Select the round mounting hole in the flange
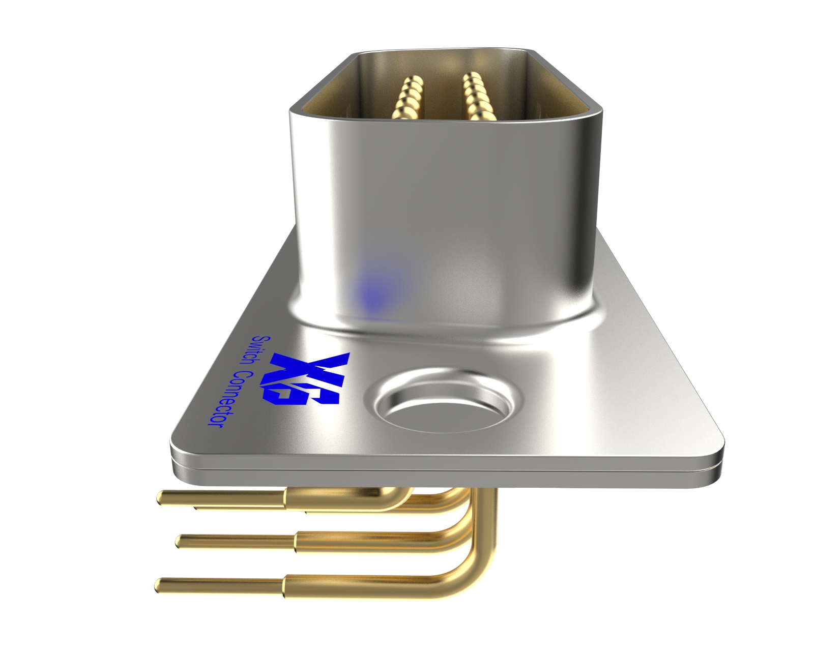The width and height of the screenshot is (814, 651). coord(442,404)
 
